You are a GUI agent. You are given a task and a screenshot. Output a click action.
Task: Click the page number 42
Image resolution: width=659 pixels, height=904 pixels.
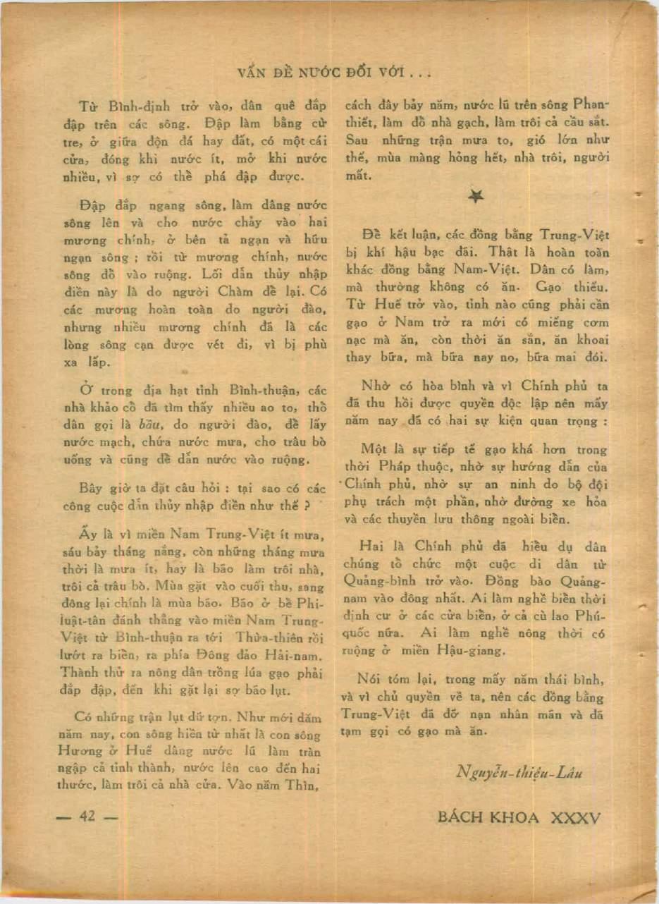click(x=87, y=817)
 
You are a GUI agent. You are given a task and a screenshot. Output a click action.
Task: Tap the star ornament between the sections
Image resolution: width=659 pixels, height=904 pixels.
click(x=476, y=198)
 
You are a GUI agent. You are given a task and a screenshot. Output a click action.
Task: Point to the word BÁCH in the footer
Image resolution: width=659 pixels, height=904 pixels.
click(x=462, y=817)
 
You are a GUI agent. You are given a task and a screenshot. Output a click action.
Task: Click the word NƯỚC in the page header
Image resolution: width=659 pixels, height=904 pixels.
click(x=311, y=72)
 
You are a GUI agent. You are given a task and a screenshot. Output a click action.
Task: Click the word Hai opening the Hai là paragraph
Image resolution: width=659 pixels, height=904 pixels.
click(x=371, y=546)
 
